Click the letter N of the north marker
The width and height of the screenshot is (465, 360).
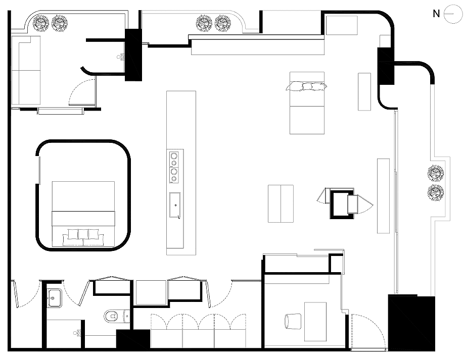[436, 14]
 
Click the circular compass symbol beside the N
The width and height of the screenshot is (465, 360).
[453, 14]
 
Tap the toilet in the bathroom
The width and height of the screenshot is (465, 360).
[117, 317]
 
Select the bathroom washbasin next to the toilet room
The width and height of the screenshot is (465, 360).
[54, 298]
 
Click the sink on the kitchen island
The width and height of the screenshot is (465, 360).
[175, 205]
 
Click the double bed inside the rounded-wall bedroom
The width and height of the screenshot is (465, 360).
[83, 214]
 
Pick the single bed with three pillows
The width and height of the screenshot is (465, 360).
[307, 103]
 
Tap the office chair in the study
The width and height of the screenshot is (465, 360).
[293, 321]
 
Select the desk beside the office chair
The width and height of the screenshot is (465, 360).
[315, 322]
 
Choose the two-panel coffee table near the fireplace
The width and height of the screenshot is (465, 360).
[281, 203]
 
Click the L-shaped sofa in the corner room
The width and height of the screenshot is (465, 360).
[26, 70]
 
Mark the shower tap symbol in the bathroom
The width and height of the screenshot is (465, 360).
[77, 333]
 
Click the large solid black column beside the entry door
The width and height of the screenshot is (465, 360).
[411, 323]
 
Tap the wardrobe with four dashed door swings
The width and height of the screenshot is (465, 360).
[198, 331]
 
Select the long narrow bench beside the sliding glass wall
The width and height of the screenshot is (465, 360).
[383, 196]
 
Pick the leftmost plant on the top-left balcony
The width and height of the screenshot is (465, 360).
[40, 23]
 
